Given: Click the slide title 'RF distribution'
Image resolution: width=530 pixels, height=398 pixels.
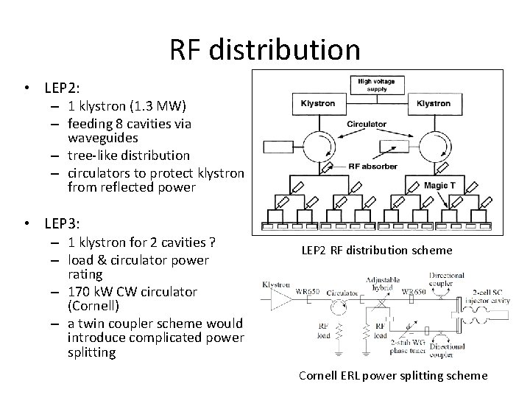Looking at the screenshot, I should coord(265,50).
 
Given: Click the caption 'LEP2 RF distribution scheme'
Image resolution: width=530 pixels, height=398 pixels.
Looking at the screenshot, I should coord(377,251).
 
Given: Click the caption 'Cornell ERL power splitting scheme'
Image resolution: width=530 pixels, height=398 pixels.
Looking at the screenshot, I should coord(393,375).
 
